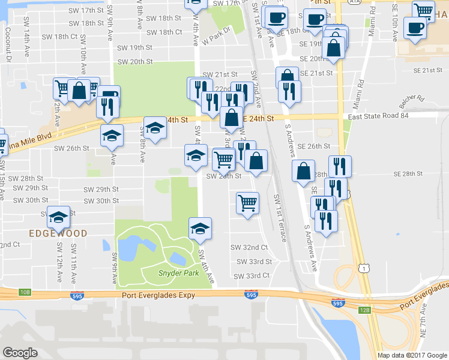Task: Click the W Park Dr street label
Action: [217, 39]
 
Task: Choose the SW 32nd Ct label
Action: [249, 247]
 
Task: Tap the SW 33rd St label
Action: [254, 262]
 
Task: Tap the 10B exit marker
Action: [24, 292]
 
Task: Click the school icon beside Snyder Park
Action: [200, 227]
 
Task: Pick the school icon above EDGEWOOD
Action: [59, 216]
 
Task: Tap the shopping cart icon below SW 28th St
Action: [247, 203]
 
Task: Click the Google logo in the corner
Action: [20, 353]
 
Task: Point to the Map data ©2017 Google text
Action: [412, 355]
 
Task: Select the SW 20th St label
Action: [135, 61]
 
